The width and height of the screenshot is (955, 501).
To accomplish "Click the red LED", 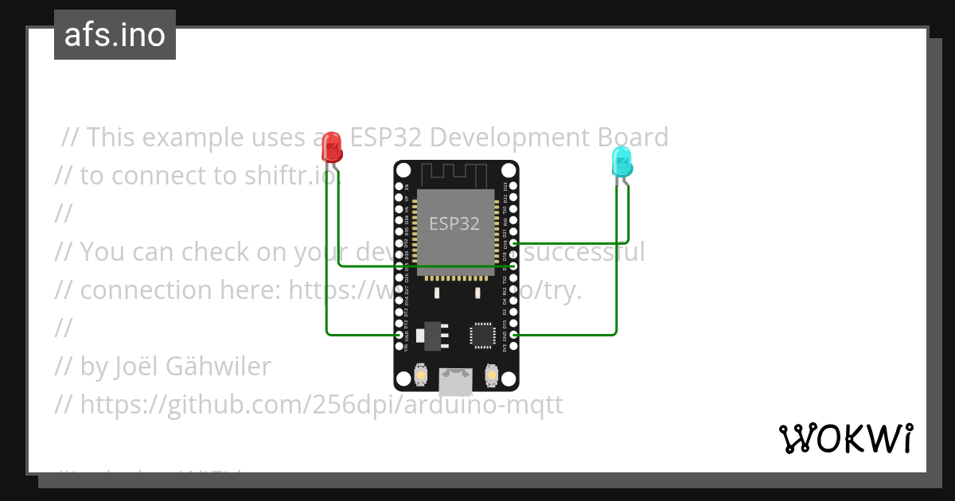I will coord(332,148).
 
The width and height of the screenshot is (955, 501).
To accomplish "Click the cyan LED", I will coord(621,161).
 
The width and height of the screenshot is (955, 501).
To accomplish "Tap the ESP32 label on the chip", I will coord(454,223).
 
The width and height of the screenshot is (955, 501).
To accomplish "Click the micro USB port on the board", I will coord(456,381).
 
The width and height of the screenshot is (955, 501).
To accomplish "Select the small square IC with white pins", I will coord(482,335).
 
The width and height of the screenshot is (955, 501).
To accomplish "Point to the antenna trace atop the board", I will coord(454,174).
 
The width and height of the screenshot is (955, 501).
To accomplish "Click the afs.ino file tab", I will coord(115,35).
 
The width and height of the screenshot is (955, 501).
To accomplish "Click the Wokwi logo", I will coord(845,438).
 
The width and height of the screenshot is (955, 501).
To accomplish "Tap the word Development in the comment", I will coord(509,138).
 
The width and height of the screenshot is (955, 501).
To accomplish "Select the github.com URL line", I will coord(309,405).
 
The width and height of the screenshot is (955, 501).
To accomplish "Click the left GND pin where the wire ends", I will coord(399,335).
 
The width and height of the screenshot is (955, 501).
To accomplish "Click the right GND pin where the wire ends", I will coord(514,335).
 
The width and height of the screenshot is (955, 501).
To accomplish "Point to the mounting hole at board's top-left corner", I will coord(403,170).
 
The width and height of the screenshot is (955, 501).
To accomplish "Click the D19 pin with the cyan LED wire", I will coord(514,243).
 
